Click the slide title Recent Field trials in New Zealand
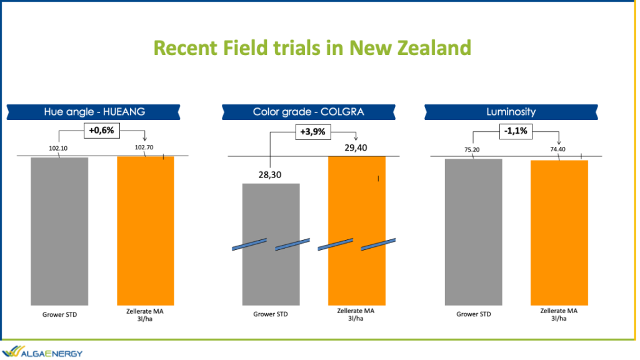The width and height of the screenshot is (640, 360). pos(312,47)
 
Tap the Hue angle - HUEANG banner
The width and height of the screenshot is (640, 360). pos(94,112)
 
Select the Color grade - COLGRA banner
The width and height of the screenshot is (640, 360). pos(309,112)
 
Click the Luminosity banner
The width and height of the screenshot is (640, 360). pos(511,112)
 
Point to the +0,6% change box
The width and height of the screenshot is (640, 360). pos(102,131)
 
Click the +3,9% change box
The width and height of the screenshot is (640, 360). pos(313,132)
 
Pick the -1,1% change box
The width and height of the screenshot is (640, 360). pos(516,131)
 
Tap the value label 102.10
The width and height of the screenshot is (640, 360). pos(58,148)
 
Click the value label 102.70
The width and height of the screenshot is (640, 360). pos(144,147)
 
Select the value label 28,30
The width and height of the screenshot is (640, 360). pos(270,175)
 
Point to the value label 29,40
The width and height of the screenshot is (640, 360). pos(356,147)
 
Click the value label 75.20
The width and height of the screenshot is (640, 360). pos(472,150)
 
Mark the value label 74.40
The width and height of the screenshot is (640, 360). pos(557,149)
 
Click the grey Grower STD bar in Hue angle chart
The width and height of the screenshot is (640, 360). pos(59,231)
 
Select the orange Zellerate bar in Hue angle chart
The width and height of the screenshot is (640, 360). pos(146,231)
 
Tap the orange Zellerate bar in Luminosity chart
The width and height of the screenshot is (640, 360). pos(559,232)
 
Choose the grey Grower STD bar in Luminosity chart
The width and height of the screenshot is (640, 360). pos(474,232)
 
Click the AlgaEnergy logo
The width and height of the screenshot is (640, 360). pos(42,352)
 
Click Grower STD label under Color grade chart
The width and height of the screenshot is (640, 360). pos(270,314)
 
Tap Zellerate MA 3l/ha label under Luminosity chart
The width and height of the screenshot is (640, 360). pos(559,314)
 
